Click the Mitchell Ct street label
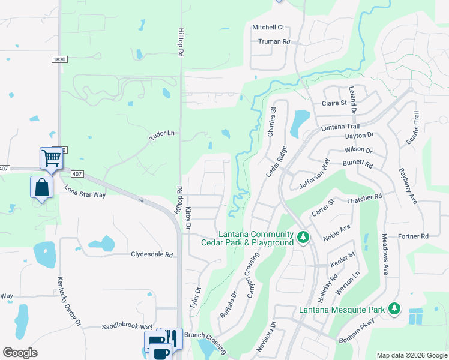pos(268,28)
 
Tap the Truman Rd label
pos(274,42)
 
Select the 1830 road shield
pos(59,59)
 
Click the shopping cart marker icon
pos(51,158)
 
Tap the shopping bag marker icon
pos(41,187)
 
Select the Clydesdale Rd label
pos(152,254)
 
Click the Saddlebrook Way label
pos(127,326)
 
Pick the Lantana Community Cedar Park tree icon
pos(304,238)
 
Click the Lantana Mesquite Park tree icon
pos(394,309)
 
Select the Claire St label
pos(334,103)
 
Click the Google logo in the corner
pos(20,353)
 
